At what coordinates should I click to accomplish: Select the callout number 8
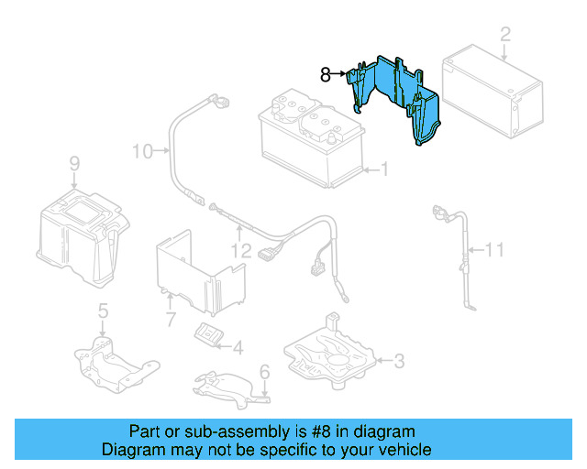coord(325,74)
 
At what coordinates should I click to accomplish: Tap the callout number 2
coord(504,36)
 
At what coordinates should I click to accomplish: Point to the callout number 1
coord(384,169)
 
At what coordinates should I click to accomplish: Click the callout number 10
coord(141,150)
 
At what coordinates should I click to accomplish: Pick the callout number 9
coord(74,164)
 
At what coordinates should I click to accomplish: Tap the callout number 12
coord(240,249)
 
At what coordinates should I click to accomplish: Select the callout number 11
coord(495,248)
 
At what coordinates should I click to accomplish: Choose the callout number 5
coord(103,311)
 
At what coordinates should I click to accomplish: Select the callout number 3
coord(398,362)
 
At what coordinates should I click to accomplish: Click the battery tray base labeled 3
coord(330,353)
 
